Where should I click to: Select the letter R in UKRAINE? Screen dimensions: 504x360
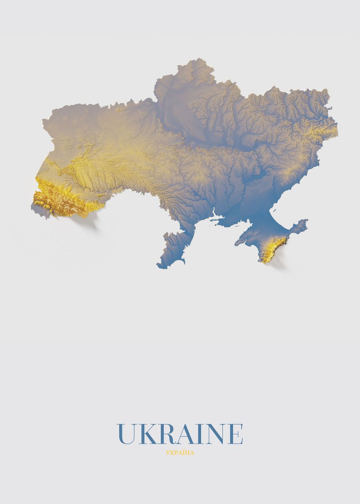click(x=164, y=434)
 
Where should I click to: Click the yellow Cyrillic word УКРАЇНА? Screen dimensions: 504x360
click(x=180, y=453)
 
